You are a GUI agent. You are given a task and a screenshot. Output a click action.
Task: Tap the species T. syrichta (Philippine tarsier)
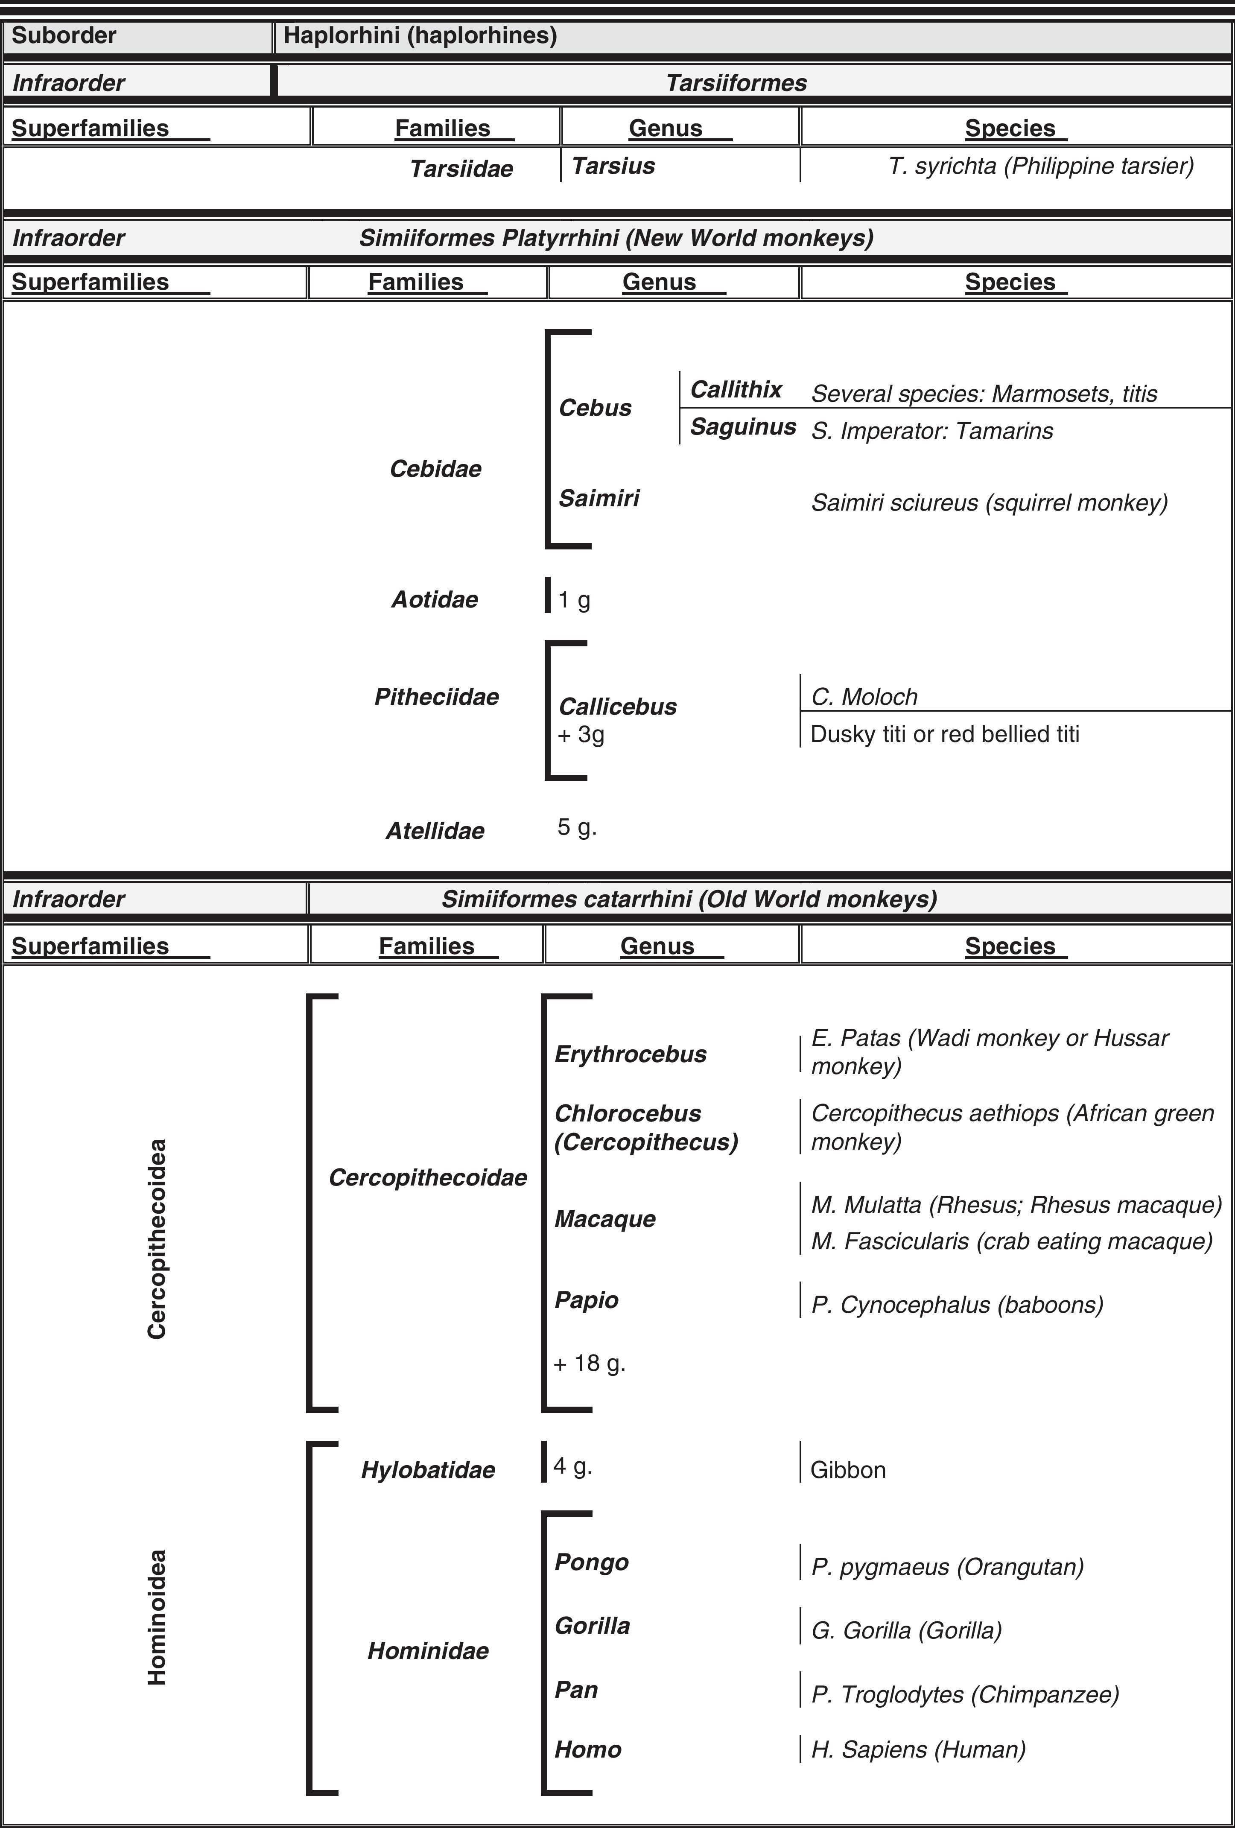[x=1041, y=166]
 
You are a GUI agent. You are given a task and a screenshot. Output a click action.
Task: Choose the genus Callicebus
[x=617, y=707]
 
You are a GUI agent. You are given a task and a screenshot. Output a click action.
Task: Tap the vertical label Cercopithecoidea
[x=158, y=1239]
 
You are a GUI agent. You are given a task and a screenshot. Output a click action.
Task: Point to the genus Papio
[x=586, y=1299]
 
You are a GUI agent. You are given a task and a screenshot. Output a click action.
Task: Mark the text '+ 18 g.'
[x=589, y=1363]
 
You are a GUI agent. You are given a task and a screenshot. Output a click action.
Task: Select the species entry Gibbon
[x=847, y=1470]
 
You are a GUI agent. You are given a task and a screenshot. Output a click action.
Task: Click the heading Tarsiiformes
[x=736, y=82]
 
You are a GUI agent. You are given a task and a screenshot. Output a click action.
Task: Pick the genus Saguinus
[x=742, y=427]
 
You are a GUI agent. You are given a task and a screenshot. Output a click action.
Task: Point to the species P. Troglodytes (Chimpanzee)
[x=964, y=1694]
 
